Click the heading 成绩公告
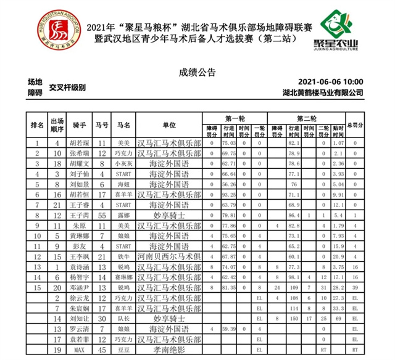pos(197,72)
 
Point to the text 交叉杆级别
pos(69,87)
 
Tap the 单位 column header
pos(169,125)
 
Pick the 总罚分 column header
pos(355,125)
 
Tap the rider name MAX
pos(79,350)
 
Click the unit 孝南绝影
pos(169,350)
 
